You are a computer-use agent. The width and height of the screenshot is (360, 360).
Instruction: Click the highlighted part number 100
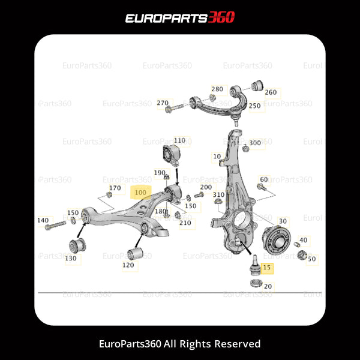pyautogui.click(x=140, y=193)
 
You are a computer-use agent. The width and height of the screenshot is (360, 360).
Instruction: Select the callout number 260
pyautogui.click(x=271, y=92)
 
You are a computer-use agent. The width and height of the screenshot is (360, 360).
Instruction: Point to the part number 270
pyautogui.click(x=163, y=103)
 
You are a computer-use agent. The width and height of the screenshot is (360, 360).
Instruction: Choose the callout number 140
pyautogui.click(x=43, y=220)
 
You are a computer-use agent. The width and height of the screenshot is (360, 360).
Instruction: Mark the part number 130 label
pyautogui.click(x=71, y=258)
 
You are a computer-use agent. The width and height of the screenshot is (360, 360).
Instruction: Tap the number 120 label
pyautogui.click(x=128, y=265)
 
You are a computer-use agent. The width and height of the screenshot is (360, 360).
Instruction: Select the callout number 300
pyautogui.click(x=255, y=143)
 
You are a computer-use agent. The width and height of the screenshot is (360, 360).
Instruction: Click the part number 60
pyautogui.click(x=263, y=179)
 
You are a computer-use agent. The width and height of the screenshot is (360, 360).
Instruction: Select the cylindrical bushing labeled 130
pyautogui.click(x=77, y=245)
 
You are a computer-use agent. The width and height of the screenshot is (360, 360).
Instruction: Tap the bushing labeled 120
pyautogui.click(x=134, y=254)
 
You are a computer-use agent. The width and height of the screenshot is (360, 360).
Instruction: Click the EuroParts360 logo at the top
pyautogui.click(x=180, y=18)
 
